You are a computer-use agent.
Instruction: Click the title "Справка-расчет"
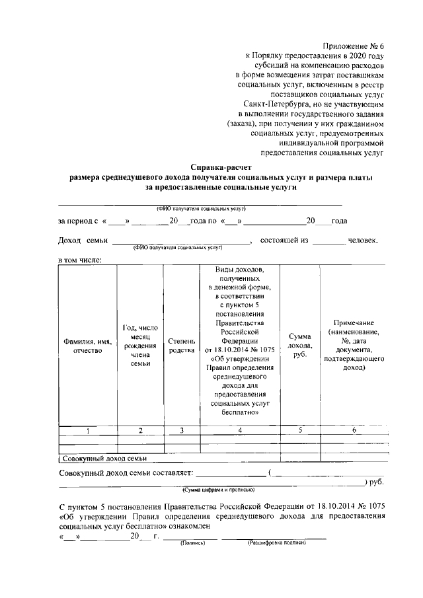pos(221,168)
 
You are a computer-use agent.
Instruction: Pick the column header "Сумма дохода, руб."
pos(301,346)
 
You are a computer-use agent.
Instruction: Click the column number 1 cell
pos(87,431)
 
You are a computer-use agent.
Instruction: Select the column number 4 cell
pos(240,431)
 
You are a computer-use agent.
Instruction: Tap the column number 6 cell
pos(354,431)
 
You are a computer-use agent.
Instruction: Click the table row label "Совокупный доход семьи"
pos(104,458)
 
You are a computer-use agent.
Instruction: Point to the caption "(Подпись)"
pos(190,542)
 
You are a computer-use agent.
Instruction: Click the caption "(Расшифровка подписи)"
pos(276,542)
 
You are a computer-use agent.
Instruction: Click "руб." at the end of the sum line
pos(377,483)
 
